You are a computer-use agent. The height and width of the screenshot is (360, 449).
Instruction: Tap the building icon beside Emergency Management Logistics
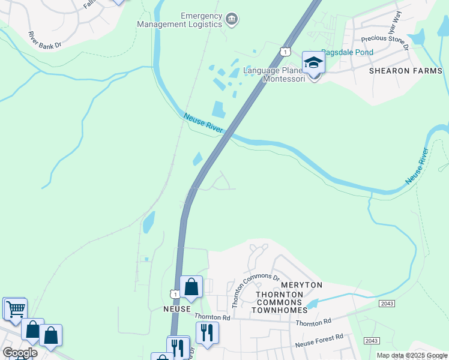click(231, 21)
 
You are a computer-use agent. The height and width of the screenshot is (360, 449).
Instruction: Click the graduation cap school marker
click(313, 62)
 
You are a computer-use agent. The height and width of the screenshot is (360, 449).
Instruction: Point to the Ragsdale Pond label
click(347, 52)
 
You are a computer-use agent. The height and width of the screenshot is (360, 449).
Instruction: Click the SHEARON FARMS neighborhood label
click(406, 71)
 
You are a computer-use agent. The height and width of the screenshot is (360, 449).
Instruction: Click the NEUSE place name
click(177, 309)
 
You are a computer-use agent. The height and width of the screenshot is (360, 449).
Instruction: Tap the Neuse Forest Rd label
click(318, 341)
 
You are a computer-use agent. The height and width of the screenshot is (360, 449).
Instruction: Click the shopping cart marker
click(15, 309)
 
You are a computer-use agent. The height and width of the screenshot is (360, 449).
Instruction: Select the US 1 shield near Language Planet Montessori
click(282, 53)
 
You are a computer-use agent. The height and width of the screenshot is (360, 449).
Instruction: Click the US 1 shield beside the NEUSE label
click(174, 294)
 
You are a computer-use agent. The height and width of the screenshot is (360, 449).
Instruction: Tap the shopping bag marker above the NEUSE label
click(191, 287)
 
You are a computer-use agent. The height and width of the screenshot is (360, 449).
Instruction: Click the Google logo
click(20, 353)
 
